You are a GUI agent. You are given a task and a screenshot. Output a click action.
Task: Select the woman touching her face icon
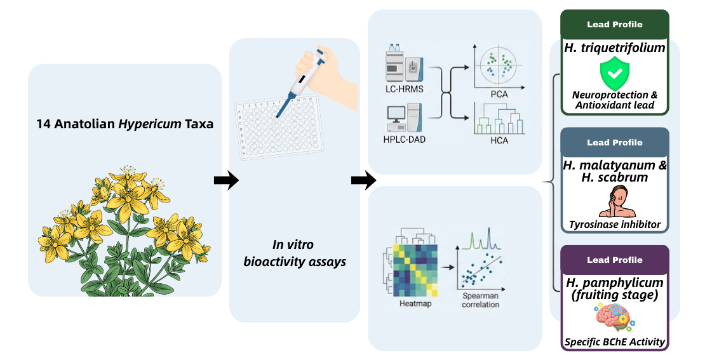(617, 201)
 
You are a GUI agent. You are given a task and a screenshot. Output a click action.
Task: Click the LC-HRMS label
(404, 89)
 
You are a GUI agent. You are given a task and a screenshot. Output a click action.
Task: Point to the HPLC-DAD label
(404, 139)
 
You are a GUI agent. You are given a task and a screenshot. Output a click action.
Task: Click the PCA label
(499, 95)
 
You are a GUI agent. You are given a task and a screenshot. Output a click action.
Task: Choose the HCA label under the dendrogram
(499, 140)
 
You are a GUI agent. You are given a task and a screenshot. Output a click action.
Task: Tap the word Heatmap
(415, 304)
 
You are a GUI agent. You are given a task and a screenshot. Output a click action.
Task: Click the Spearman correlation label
(481, 300)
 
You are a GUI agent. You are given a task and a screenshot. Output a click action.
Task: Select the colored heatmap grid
(416, 270)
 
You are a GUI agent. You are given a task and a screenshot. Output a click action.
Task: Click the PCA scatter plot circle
(497, 65)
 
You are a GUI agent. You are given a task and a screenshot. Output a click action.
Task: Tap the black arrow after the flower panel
(226, 180)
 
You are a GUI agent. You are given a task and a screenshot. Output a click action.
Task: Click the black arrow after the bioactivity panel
(363, 180)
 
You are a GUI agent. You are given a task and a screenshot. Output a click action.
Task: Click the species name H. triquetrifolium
(615, 48)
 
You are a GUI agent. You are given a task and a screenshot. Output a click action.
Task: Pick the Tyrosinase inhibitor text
(615, 224)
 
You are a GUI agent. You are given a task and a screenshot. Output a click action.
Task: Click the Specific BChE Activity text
(615, 342)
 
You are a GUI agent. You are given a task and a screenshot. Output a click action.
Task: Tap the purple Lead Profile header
(615, 260)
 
